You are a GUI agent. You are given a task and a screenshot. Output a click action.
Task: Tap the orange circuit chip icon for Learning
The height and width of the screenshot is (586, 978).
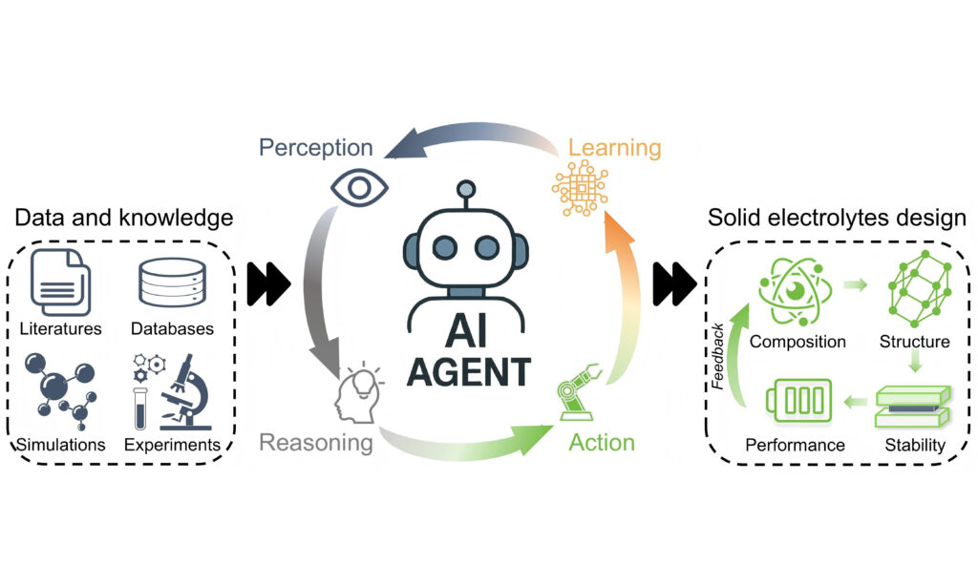tap(579, 187)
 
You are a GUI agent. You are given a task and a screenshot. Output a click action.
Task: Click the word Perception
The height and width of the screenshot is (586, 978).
tap(315, 148)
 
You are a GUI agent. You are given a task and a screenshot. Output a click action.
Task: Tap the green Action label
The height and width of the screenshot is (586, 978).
tap(602, 442)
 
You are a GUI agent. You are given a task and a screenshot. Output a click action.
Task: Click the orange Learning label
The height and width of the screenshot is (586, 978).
tap(614, 148)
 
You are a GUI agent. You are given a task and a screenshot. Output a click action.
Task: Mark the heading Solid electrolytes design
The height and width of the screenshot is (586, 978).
tap(837, 218)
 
